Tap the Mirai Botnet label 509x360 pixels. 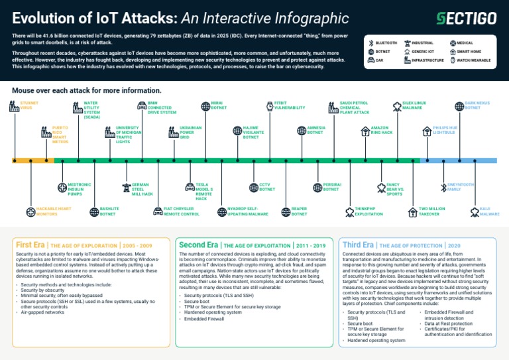(x=219, y=105)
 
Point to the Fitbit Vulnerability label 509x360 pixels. (x=290, y=105)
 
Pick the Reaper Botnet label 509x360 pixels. (x=299, y=211)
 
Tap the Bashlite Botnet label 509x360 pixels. (x=109, y=211)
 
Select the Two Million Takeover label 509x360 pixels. (x=431, y=211)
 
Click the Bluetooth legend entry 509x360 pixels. (x=386, y=42)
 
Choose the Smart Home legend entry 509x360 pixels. (x=469, y=51)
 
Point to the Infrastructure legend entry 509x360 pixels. (x=427, y=60)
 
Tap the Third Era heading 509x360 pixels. (x=358, y=245)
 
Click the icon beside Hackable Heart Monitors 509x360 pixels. (x=30, y=212)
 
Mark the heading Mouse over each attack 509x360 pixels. (x=86, y=90)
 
